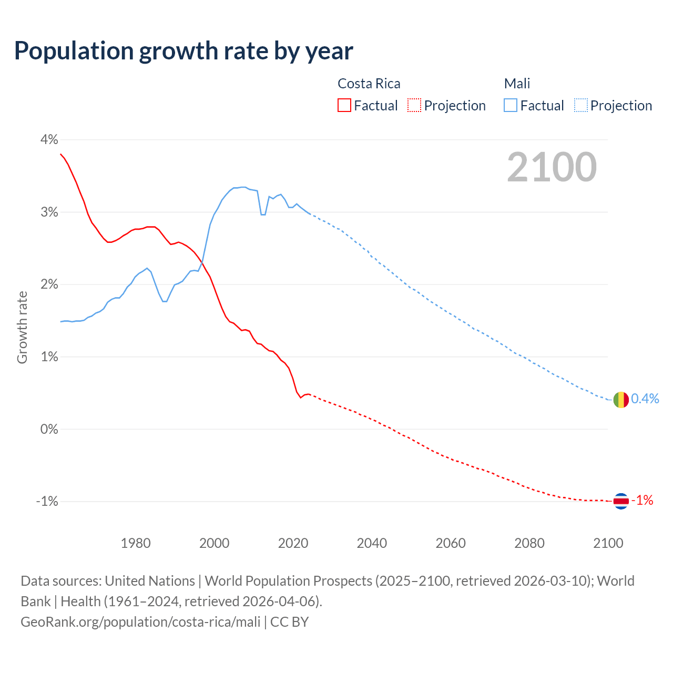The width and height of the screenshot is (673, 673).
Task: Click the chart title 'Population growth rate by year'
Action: point(183,51)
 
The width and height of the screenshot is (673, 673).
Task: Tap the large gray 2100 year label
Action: point(552,167)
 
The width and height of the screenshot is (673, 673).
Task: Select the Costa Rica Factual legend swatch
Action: point(344,106)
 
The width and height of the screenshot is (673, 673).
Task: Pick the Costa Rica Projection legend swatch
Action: point(414,106)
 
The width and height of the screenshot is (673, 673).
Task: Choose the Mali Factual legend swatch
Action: point(511,106)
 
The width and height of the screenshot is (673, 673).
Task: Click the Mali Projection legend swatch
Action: point(580,106)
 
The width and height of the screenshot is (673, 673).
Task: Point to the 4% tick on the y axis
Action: point(49,140)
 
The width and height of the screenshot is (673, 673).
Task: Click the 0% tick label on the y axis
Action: point(49,429)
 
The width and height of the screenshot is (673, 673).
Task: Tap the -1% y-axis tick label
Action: point(47,502)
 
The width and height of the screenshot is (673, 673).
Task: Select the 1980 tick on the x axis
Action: point(136,543)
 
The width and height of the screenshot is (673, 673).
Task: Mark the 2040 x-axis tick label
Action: point(372,543)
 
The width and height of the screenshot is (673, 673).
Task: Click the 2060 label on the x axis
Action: point(451,543)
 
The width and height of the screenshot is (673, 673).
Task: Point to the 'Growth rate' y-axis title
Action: point(22,327)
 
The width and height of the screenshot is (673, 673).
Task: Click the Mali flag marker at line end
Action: point(621,400)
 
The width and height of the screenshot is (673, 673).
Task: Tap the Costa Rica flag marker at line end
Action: point(621,501)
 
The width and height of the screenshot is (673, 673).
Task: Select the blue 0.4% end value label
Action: point(645,399)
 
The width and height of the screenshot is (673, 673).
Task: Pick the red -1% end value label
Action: point(642,501)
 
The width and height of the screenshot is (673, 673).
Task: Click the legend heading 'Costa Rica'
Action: point(369,84)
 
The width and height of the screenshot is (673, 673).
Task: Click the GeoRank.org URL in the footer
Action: point(140,622)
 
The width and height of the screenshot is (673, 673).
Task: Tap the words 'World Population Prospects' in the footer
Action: point(288,581)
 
